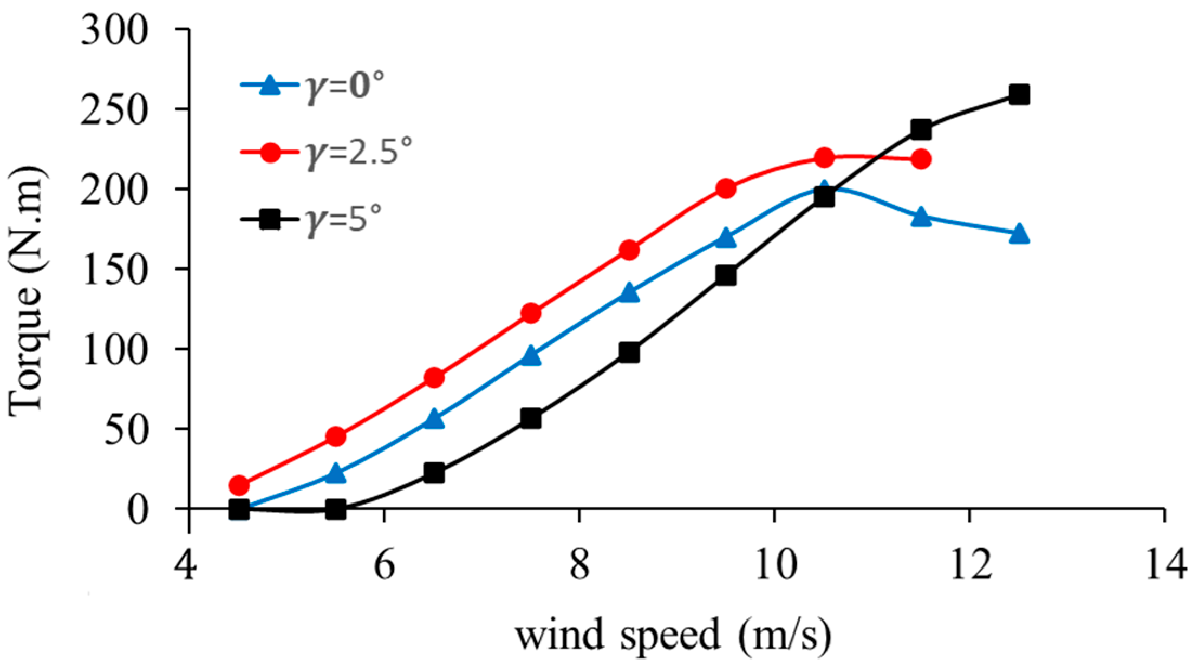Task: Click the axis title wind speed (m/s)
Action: (673, 635)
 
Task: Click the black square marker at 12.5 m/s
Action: (1019, 95)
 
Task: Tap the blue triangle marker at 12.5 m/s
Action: (1019, 233)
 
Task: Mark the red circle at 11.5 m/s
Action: (921, 159)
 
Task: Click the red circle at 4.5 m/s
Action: (239, 484)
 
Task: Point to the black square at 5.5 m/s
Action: (336, 509)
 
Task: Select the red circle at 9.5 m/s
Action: (726, 188)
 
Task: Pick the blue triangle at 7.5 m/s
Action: (531, 356)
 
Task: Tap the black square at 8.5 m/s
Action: (629, 352)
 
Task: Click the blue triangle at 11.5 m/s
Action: (921, 217)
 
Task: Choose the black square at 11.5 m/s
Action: (921, 130)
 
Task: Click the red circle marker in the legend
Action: (270, 153)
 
